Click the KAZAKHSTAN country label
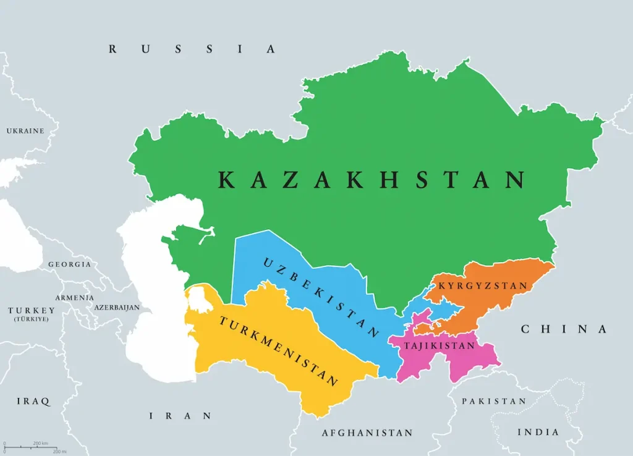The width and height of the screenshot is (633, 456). coord(372,180)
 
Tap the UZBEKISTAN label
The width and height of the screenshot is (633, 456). coord(321,297)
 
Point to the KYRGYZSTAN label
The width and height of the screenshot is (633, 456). coord(483,285)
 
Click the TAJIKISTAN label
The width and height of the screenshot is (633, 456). coord(440,345)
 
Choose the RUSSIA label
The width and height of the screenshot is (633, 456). coord(192,49)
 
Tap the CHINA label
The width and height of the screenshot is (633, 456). coord(564,329)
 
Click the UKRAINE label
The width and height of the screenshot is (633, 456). coord(25,131)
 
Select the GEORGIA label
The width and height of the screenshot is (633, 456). coord(70,264)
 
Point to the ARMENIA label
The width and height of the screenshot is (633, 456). coord(74,297)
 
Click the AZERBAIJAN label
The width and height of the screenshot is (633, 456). coord(117,307)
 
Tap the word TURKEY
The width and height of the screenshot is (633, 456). coord(32,310)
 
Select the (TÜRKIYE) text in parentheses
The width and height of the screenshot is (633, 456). coord(32,319)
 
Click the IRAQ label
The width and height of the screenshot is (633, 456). coord(33,401)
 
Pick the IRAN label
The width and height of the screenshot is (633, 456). coord(181,416)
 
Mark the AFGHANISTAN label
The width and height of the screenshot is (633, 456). coord(367,433)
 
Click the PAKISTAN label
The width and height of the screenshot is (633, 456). coord(494,401)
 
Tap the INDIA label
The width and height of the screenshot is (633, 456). coord(538,432)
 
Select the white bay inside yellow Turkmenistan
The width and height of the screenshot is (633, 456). coord(198,298)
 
